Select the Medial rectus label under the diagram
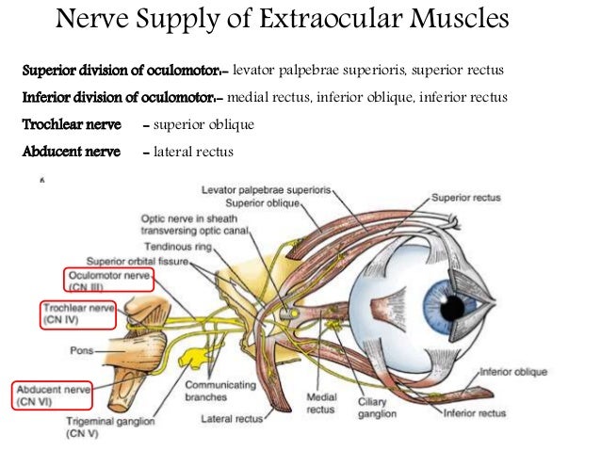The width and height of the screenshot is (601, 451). [x=321, y=403]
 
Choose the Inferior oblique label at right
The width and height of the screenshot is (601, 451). [x=512, y=372]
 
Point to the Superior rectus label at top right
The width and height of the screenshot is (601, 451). [x=466, y=199]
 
